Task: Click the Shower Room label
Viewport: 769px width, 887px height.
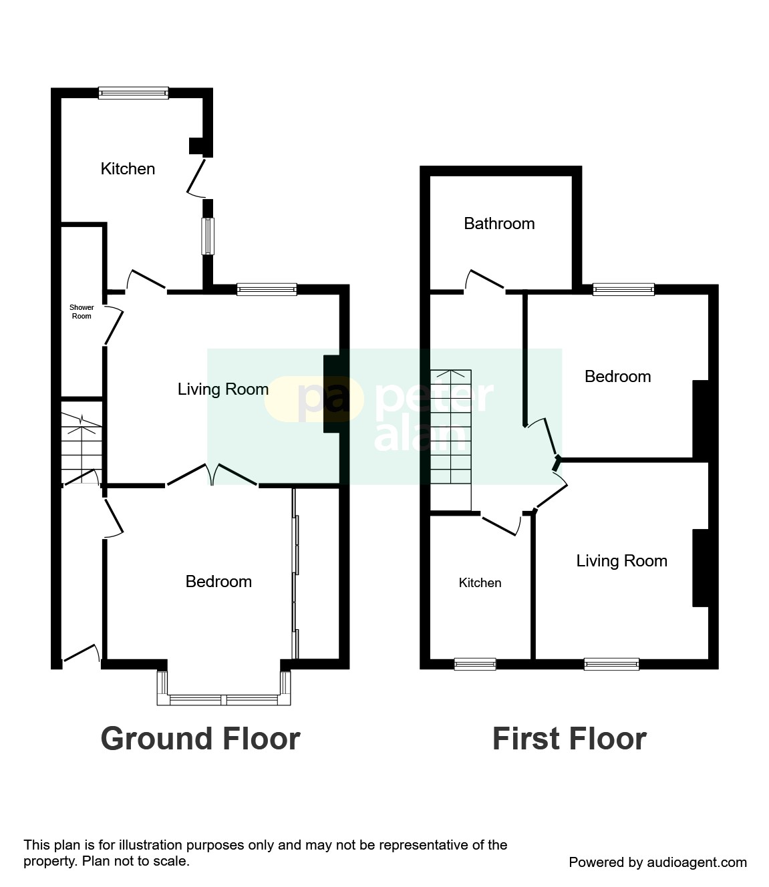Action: click(82, 312)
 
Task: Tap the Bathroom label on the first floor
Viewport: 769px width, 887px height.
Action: click(499, 223)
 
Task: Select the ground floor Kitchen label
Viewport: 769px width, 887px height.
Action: click(128, 169)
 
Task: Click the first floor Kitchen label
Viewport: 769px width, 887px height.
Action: click(480, 583)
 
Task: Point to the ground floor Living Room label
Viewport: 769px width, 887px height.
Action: click(223, 389)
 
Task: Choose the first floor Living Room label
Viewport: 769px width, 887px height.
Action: click(621, 561)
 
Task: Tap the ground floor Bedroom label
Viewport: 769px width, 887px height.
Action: click(218, 582)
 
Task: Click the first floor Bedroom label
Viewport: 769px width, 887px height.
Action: click(617, 377)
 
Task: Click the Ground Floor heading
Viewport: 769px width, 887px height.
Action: click(200, 739)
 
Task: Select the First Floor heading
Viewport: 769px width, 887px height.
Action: click(569, 739)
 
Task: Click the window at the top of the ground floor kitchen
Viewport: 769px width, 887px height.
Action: click(134, 93)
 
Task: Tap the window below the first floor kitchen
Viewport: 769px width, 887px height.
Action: click(475, 664)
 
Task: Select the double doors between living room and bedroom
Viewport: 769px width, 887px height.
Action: click(212, 475)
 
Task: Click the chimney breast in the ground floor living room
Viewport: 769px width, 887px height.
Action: click(332, 394)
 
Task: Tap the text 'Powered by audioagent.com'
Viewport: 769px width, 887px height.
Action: click(657, 862)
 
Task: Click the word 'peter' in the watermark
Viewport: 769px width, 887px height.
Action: click(434, 397)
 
